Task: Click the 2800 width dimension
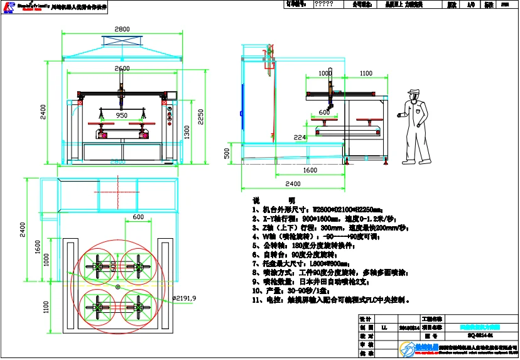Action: click(x=122, y=29)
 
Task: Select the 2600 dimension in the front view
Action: click(x=122, y=68)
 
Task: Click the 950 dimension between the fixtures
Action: click(x=122, y=116)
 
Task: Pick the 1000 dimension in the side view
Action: click(x=324, y=74)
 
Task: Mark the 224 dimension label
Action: click(x=300, y=137)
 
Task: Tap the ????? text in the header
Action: click(x=323, y=4)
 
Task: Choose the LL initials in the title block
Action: click(x=384, y=327)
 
